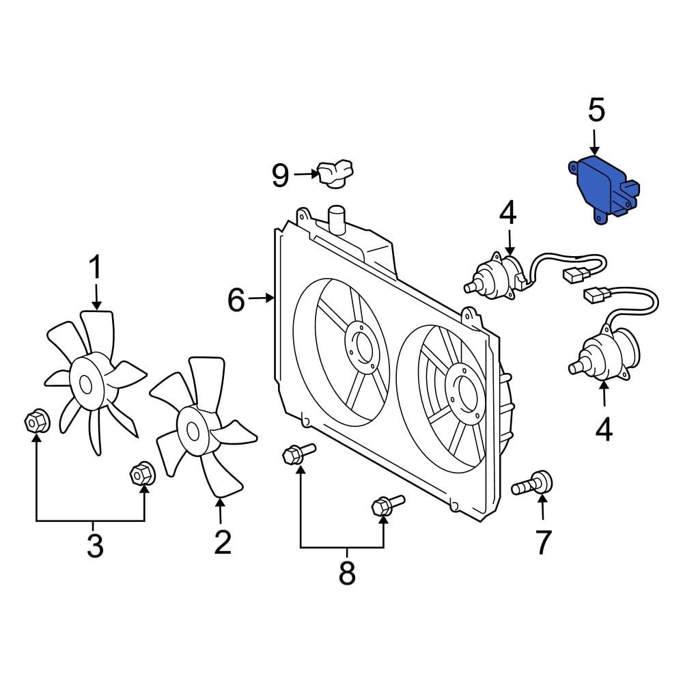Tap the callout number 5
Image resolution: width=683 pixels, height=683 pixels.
click(x=596, y=111)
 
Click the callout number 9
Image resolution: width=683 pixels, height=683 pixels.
click(x=281, y=176)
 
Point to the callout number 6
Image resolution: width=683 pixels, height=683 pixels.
click(x=236, y=299)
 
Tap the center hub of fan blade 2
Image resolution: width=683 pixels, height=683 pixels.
click(x=193, y=430)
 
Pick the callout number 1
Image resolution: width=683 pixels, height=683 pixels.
click(x=95, y=268)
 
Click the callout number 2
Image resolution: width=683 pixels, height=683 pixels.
click(x=221, y=542)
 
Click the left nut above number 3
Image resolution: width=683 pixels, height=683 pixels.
click(x=36, y=421)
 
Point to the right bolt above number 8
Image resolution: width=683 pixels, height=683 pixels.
click(x=385, y=506)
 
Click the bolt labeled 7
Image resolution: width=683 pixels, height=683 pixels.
click(x=533, y=486)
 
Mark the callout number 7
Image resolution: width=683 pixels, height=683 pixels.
click(x=542, y=543)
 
